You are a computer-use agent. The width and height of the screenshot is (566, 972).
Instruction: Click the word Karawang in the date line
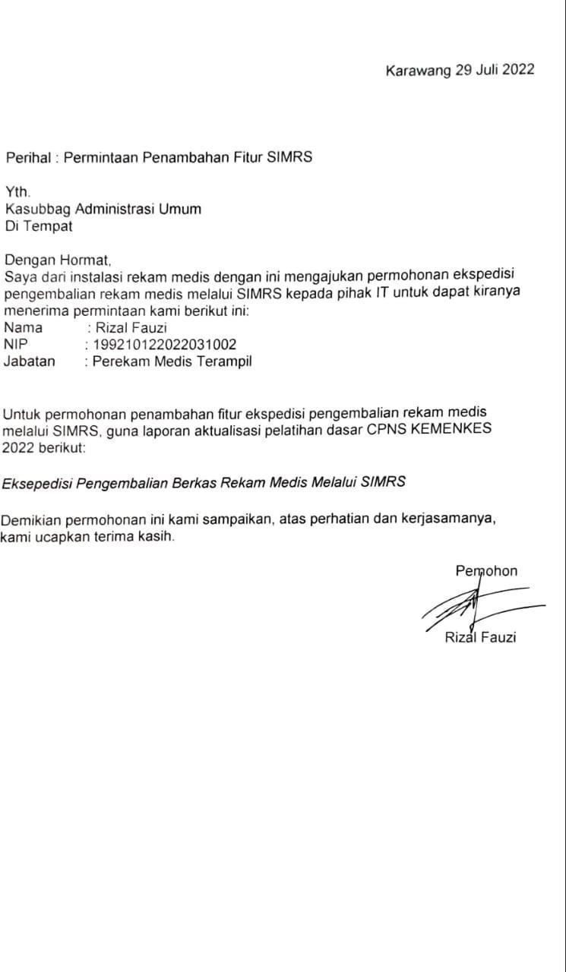point(418,71)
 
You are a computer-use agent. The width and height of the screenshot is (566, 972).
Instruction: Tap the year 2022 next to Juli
point(517,71)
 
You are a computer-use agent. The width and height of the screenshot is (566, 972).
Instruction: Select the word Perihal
point(28,158)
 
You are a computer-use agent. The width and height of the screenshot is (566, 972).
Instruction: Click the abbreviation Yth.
point(18,193)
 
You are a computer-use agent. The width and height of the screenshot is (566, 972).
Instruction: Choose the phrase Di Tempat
point(39,225)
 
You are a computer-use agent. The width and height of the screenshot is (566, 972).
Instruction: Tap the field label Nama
point(23,328)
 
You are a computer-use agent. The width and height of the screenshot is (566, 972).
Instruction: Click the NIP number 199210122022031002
point(164,345)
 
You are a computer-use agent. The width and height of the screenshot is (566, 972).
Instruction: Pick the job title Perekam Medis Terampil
point(172,361)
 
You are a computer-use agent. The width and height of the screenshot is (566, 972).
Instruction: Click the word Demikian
point(31,520)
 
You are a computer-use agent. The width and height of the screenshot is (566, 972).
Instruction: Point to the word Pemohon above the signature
point(486,571)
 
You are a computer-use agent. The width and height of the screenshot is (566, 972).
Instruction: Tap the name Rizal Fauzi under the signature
point(480,637)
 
